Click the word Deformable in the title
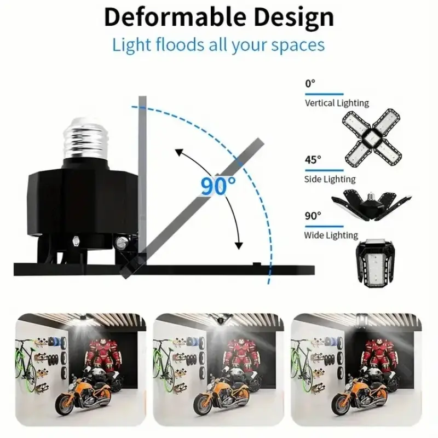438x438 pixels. [x=175, y=18]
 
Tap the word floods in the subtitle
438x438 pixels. [x=180, y=44]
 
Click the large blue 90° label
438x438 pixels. [x=218, y=186]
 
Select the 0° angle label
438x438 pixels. [x=310, y=84]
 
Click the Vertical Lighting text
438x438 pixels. [x=337, y=103]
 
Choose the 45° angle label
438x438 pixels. [x=313, y=160]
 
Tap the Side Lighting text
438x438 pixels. [x=330, y=179]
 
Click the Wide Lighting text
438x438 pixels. [x=331, y=235]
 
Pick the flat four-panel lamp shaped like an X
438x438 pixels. [x=372, y=138]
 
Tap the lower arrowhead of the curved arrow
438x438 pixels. [x=239, y=245]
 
